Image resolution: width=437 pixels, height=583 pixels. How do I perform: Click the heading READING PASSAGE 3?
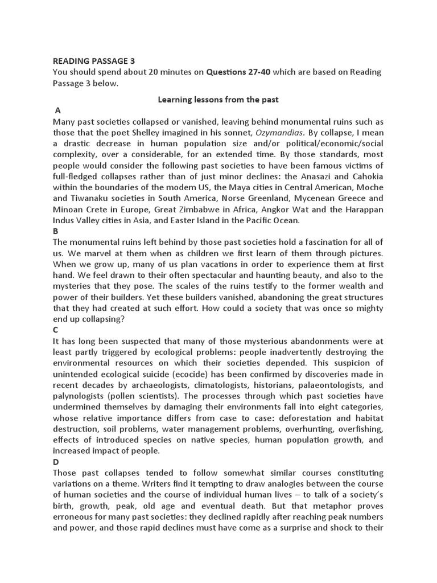[x=94, y=61]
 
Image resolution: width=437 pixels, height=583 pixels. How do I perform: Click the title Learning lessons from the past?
[x=218, y=100]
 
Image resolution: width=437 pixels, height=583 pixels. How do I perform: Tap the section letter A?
[x=57, y=110]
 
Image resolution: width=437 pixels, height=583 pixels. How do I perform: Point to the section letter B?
[x=56, y=232]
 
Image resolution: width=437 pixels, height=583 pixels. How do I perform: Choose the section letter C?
[x=56, y=330]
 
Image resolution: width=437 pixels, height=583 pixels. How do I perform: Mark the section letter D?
[x=56, y=462]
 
